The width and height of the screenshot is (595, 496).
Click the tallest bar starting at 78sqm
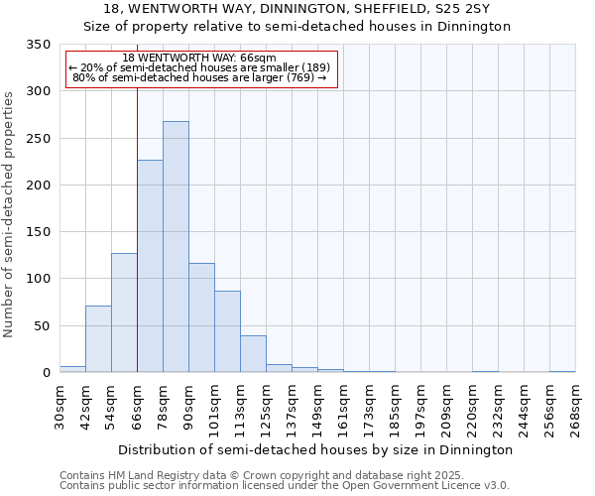point(176,247)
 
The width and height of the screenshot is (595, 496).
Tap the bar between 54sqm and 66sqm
point(124,312)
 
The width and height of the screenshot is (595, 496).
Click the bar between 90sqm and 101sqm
point(201,317)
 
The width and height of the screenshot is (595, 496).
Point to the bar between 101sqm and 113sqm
point(227,331)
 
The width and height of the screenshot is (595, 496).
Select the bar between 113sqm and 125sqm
point(253,354)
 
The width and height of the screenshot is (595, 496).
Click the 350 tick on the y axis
point(39,45)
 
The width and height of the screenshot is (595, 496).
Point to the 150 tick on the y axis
point(39,232)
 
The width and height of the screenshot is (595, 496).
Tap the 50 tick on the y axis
point(43,325)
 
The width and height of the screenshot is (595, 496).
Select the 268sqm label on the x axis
point(576,408)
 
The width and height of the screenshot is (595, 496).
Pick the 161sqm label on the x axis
point(344,408)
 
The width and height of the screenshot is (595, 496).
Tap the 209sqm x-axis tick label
point(447,408)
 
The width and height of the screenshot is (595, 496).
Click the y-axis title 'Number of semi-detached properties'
point(9,214)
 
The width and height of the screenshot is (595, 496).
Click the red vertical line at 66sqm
point(137,248)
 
